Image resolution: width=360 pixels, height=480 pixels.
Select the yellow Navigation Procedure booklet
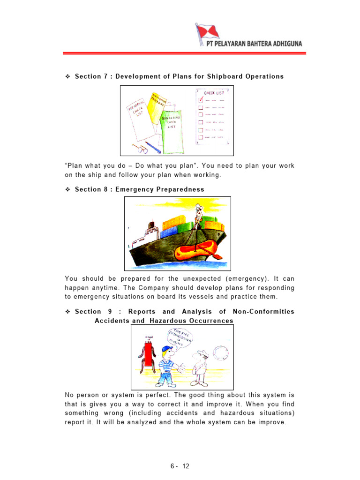pos(157,105)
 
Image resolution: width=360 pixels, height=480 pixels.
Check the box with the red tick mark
pos(201,99)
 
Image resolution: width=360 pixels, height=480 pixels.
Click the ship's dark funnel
pos(151,226)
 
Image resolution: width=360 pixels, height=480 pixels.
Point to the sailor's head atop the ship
pos(199,208)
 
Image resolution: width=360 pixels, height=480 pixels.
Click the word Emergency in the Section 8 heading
pos(131,189)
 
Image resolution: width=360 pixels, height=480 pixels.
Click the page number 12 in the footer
pos(186,466)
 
